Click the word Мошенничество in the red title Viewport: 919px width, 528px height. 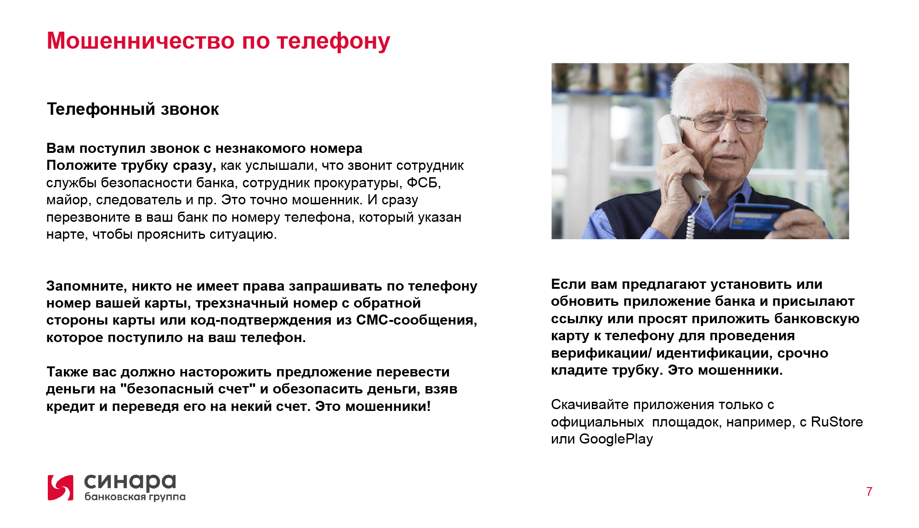pyautogui.click(x=141, y=41)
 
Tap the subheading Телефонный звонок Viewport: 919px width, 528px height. pyautogui.click(x=133, y=109)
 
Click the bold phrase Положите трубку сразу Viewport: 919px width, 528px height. pyautogui.click(x=131, y=166)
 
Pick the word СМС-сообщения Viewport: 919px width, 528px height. pyautogui.click(x=417, y=320)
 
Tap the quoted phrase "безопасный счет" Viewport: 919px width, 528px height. pyautogui.click(x=188, y=389)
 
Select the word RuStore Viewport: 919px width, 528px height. pyautogui.click(x=837, y=421)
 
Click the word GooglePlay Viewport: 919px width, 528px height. pyautogui.click(x=616, y=439)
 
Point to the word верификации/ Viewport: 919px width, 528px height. pyautogui.click(x=601, y=354)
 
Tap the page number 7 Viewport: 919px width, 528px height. pyautogui.click(x=869, y=492)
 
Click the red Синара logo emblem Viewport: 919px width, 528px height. pyautogui.click(x=60, y=488)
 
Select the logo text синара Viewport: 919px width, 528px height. pyautogui.click(x=130, y=482)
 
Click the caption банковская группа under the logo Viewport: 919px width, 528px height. pyautogui.click(x=135, y=497)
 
